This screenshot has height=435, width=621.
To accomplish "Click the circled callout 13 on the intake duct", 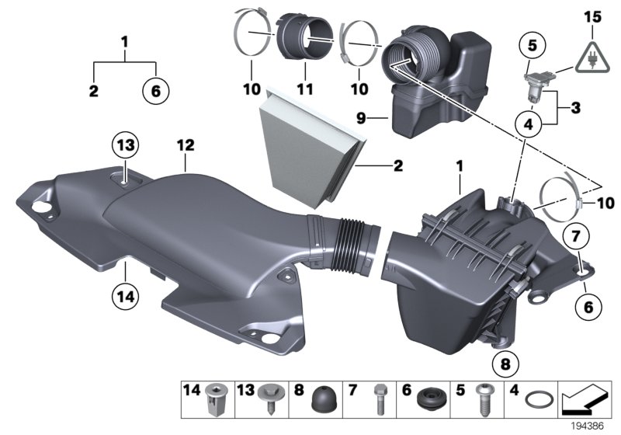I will pos(126,145).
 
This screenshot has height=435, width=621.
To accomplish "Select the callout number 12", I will pos(186,144).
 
